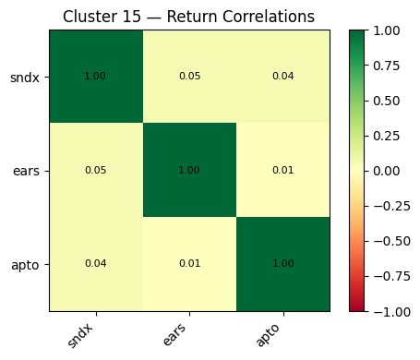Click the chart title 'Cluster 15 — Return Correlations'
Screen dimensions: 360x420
pyautogui.click(x=189, y=17)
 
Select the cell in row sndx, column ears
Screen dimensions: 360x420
pyautogui.click(x=189, y=77)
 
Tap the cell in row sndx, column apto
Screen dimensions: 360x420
pyautogui.click(x=282, y=77)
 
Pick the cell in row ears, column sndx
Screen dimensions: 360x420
pyautogui.click(x=95, y=171)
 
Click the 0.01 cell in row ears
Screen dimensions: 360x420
pyautogui.click(x=282, y=171)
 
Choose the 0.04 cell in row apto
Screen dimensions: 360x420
pyautogui.click(x=95, y=264)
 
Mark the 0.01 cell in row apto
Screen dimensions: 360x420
pyautogui.click(x=189, y=264)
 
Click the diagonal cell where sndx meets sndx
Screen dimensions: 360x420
pyautogui.click(x=95, y=77)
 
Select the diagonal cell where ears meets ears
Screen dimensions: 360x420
pyautogui.click(x=189, y=171)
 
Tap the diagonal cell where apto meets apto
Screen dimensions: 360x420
pyautogui.click(x=282, y=264)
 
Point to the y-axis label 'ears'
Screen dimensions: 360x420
pyautogui.click(x=26, y=171)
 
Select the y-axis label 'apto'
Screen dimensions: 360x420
pyautogui.click(x=26, y=264)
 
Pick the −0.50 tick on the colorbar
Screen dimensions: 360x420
pyautogui.click(x=388, y=241)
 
